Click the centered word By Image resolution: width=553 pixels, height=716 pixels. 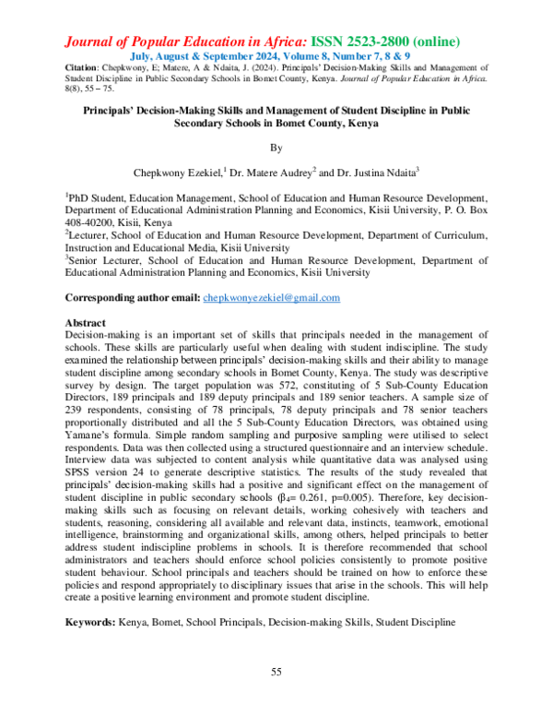276,146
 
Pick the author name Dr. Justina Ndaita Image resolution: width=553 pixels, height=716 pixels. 374,170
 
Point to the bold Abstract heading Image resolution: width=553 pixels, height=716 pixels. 85,323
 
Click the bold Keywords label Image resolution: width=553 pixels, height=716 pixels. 88,623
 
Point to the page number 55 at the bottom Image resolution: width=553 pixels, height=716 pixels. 276,671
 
